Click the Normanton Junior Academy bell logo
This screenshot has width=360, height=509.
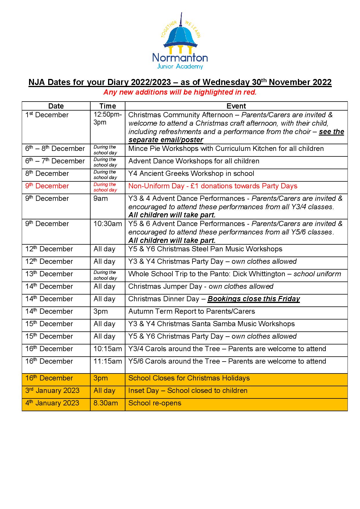pyautogui.click(x=180, y=41)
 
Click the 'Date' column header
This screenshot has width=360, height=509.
pyautogui.click(x=56, y=106)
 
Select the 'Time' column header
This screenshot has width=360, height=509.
pyautogui.click(x=107, y=106)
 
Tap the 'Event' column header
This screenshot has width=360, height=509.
pyautogui.click(x=236, y=106)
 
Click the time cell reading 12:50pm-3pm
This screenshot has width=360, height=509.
pyautogui.click(x=107, y=118)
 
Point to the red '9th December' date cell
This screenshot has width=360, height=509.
pyautogui.click(x=47, y=186)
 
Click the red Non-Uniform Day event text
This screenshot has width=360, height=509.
pyautogui.click(x=213, y=186)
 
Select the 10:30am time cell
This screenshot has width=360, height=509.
pyautogui.click(x=107, y=224)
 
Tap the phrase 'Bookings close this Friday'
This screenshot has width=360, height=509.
pyautogui.click(x=254, y=299)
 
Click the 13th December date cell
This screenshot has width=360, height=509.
pyautogui.click(x=49, y=274)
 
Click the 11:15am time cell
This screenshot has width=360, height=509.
pyautogui.click(x=107, y=361)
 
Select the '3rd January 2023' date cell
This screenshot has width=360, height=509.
pyautogui.click(x=52, y=391)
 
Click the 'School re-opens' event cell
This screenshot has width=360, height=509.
pyautogui.click(x=155, y=403)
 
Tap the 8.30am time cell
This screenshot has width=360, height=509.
pyautogui.click(x=106, y=403)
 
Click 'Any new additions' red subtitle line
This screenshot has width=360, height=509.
pyautogui.click(x=180, y=92)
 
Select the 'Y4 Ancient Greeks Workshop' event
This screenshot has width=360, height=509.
pyautogui.click(x=191, y=174)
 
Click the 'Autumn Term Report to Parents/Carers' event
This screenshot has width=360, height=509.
pyautogui.click(x=192, y=311)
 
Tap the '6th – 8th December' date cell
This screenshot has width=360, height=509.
pyautogui.click(x=55, y=149)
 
